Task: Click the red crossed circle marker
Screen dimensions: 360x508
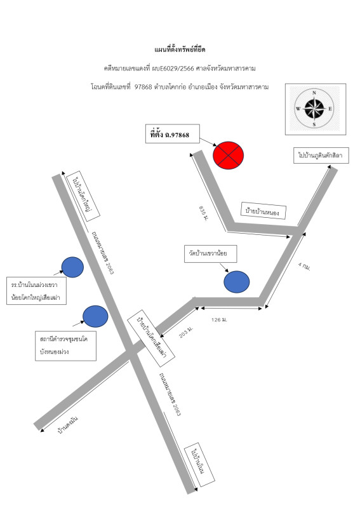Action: (228, 155)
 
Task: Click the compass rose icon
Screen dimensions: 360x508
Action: (314, 109)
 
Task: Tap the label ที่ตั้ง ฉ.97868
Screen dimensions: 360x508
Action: (173, 134)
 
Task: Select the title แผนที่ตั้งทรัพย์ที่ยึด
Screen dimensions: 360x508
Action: (180, 50)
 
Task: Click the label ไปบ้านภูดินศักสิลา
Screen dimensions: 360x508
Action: (321, 156)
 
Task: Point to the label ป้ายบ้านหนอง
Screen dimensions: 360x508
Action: (263, 211)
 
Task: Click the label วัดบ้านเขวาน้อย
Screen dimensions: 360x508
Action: (210, 253)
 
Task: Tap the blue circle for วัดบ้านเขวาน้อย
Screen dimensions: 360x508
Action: (237, 282)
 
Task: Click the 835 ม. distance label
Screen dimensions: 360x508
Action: (204, 213)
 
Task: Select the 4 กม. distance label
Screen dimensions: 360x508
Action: (305, 266)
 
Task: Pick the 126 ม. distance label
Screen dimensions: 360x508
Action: (220, 320)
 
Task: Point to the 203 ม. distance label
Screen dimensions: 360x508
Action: (186, 331)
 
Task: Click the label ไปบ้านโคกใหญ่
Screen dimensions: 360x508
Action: (83, 196)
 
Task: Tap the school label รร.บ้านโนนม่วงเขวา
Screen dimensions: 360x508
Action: (36, 291)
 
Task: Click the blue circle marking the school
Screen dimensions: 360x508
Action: (72, 267)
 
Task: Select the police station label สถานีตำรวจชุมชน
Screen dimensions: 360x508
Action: (65, 345)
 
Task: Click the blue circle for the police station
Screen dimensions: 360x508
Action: (95, 316)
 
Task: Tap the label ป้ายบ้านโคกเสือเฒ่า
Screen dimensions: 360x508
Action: (151, 338)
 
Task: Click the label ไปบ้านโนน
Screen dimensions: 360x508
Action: (199, 465)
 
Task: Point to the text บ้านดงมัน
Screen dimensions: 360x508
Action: (67, 425)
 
